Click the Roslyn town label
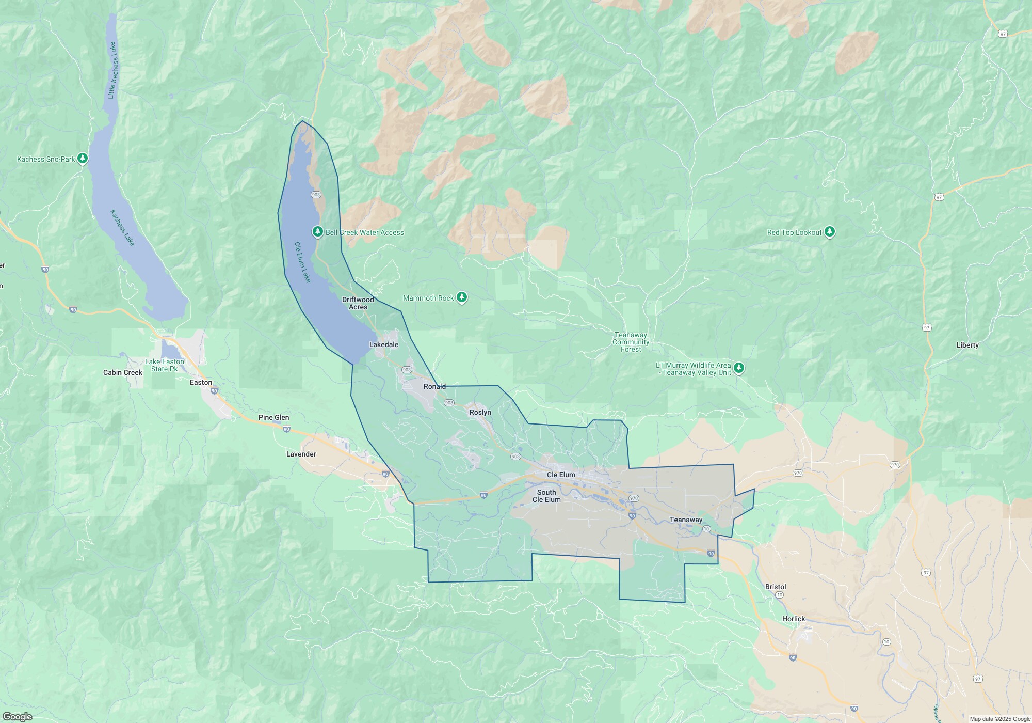(480, 412)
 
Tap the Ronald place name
(434, 386)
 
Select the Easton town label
(201, 382)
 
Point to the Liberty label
(967, 345)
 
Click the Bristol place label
(776, 587)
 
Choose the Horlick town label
(793, 619)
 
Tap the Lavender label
(301, 454)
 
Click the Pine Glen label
(273, 417)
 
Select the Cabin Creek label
(123, 372)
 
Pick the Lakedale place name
(383, 344)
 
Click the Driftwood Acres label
(358, 303)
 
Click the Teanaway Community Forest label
(631, 342)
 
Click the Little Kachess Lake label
(112, 71)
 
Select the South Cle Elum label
(546, 496)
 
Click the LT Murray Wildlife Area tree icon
(739, 368)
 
